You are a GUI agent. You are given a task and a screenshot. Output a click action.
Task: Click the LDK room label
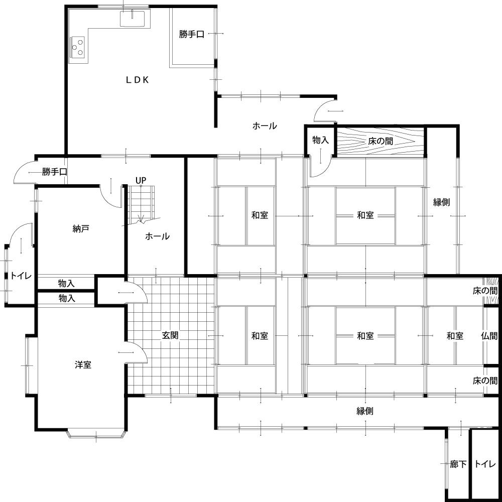click(137, 80)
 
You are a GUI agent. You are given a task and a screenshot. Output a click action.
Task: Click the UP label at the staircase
click(141, 181)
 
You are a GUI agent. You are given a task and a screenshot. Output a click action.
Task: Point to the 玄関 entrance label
click(170, 335)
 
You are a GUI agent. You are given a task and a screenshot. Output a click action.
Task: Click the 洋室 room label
click(83, 364)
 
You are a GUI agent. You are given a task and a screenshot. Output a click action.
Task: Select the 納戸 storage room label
click(81, 228)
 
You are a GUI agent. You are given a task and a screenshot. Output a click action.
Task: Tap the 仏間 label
click(489, 336)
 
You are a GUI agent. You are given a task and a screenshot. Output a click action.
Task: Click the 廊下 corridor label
click(458, 464)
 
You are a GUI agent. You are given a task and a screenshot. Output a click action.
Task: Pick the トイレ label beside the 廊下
click(485, 464)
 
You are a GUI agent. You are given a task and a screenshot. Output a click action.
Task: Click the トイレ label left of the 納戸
click(21, 276)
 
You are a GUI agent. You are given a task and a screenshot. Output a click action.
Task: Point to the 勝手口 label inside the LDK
click(191, 34)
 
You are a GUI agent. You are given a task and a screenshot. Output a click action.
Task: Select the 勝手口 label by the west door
click(55, 172)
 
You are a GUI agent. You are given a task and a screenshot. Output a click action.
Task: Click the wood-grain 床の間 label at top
click(381, 141)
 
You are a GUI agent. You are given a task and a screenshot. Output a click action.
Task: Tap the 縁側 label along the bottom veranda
click(365, 411)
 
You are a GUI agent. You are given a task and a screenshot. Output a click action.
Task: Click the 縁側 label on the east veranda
click(441, 202)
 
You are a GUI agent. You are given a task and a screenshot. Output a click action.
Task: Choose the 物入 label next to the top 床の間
click(320, 140)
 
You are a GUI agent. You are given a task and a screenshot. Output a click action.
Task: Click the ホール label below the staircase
click(157, 236)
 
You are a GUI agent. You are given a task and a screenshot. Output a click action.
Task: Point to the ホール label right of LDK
click(265, 126)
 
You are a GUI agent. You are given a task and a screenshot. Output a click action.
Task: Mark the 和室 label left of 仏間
click(455, 336)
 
